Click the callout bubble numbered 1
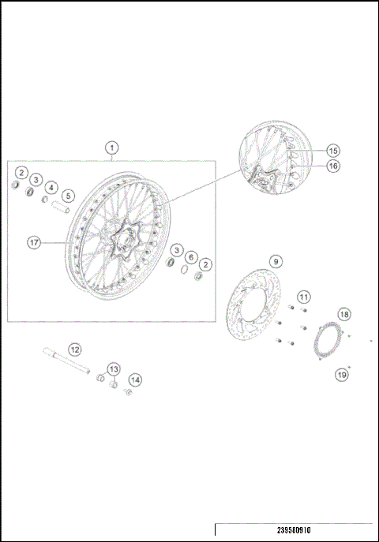pyautogui.click(x=112, y=148)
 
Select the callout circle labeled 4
pyautogui.click(x=51, y=188)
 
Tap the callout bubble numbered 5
pyautogui.click(x=68, y=196)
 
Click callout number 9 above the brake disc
pyautogui.click(x=276, y=261)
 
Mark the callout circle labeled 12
pyautogui.click(x=74, y=349)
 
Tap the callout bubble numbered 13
pyautogui.click(x=113, y=368)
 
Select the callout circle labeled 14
pyautogui.click(x=135, y=379)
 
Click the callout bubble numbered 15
pyautogui.click(x=332, y=150)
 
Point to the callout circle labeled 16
pyautogui.click(x=332, y=166)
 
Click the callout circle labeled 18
pyautogui.click(x=343, y=314)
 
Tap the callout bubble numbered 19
pyautogui.click(x=342, y=375)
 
